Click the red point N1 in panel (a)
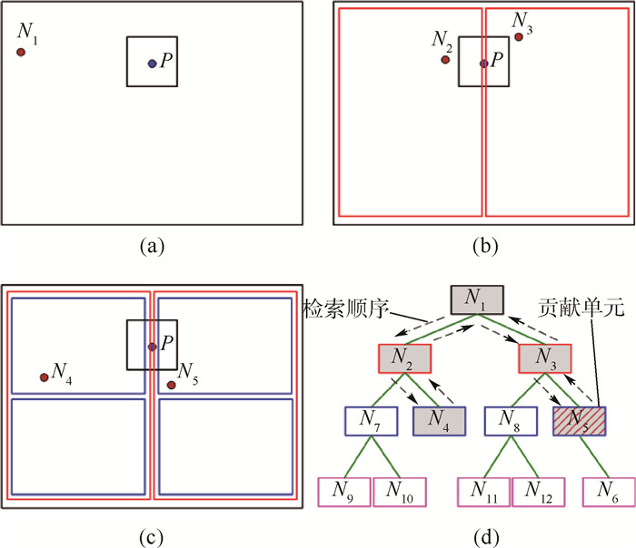coord(20,52)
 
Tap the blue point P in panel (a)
coord(152,63)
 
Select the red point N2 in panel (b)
coord(445,60)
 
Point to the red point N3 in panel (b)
coord(518,37)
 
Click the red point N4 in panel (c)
coord(44,377)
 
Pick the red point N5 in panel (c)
coord(171,385)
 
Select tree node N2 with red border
coord(404,359)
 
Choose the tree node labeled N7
coord(371,421)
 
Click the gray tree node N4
coord(439,421)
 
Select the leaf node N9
coord(343,491)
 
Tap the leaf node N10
coord(400,491)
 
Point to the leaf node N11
coord(483,491)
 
